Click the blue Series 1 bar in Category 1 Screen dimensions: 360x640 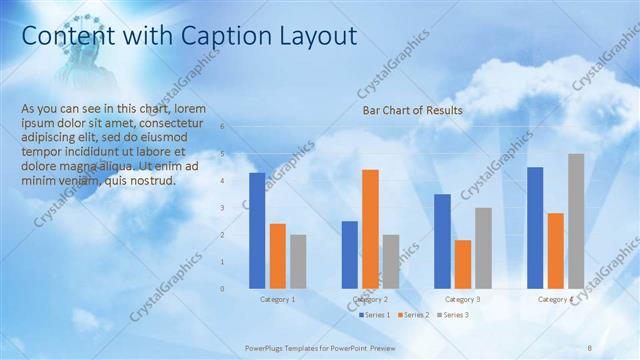[257, 230]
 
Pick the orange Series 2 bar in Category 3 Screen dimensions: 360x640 [463, 263]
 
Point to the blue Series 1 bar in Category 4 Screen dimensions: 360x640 [535, 227]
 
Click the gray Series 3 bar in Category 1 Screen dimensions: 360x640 [298, 261]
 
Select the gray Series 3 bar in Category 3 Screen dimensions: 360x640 [483, 247]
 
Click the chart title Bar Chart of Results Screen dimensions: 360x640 [412, 110]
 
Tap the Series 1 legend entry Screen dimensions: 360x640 [374, 315]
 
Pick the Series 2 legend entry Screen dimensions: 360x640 [412, 315]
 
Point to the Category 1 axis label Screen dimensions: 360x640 [277, 299]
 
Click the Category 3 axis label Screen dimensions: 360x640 [462, 299]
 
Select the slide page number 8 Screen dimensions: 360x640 [590, 347]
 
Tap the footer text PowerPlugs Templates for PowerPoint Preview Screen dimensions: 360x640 [320, 347]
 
